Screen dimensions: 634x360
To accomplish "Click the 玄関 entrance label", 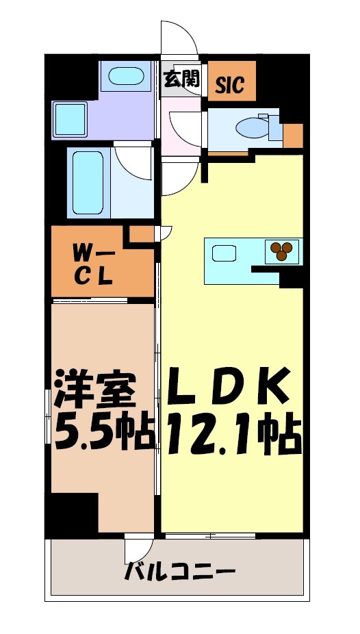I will [181, 79].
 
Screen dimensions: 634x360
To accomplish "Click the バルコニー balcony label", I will [180, 571].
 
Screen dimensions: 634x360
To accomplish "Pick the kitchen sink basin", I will [224, 253].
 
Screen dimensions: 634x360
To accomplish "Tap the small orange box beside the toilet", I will [294, 136].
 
